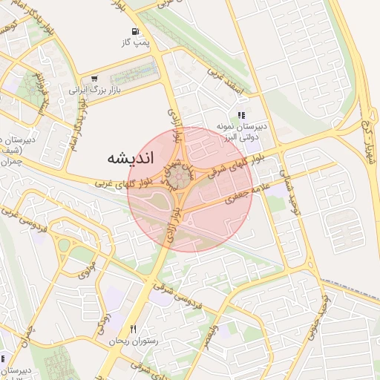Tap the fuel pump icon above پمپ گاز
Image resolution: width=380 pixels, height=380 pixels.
coord(135,32)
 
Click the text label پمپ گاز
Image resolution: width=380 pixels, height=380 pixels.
coord(136,43)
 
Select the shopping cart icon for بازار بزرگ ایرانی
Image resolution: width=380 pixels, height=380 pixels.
coord(94,79)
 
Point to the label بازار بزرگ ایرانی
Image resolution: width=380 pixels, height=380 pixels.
coord(94,90)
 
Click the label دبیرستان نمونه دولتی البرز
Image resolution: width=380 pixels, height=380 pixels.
coord(240,132)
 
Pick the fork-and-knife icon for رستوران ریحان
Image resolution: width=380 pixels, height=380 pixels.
coord(134,329)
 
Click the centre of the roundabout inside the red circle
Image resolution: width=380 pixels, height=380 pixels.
coord(178,179)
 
